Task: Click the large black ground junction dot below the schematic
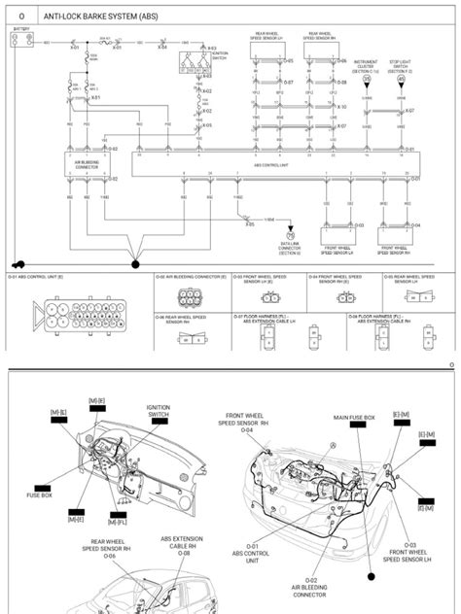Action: [x=136, y=263]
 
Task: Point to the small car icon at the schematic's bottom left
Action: [x=17, y=262]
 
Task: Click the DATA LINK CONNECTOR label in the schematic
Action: [x=290, y=251]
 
